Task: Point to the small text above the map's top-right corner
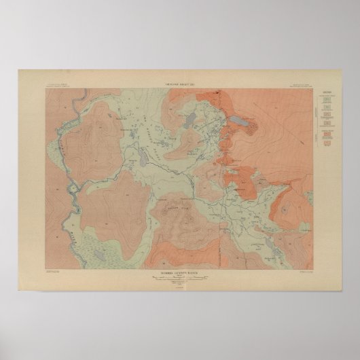tap(302, 85)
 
